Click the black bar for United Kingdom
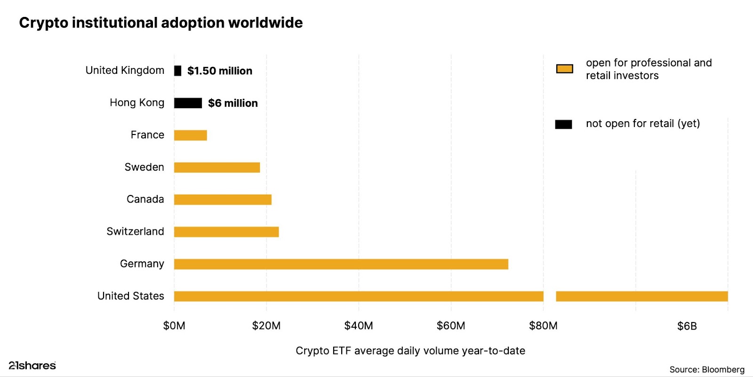177,71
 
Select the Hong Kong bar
188,103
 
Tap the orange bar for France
190,135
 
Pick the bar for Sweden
216,167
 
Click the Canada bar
223,199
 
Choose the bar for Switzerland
226,232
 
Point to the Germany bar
341,264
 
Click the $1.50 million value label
220,71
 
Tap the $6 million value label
233,103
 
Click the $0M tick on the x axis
174,326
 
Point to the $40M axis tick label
359,326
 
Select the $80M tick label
543,326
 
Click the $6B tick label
687,326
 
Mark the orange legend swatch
564,69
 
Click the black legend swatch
563,124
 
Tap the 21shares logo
32,365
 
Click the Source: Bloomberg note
707,369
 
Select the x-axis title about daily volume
410,351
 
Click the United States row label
131,296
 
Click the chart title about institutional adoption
161,23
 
